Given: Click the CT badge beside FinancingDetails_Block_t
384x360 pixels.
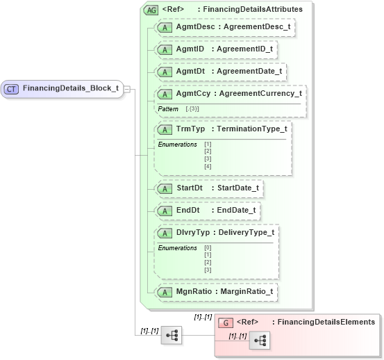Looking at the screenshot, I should click(x=12, y=88).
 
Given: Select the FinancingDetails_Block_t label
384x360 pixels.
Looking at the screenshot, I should click(x=69, y=88).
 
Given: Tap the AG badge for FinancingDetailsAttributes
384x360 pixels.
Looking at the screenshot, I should click(x=150, y=10).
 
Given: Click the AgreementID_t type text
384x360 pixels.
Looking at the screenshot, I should click(x=244, y=50).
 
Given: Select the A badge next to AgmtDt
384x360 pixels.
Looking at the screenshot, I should click(x=165, y=72).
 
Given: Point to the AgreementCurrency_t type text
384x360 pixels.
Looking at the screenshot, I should click(x=260, y=93).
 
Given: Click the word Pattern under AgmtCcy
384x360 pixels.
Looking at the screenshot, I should click(x=168, y=109).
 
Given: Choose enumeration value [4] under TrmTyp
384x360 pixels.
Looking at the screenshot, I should click(x=208, y=166).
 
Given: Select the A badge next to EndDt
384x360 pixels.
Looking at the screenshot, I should click(x=165, y=210).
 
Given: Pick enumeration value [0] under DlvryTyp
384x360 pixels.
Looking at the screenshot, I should click(x=208, y=247).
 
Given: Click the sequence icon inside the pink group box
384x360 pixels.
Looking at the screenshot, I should click(x=260, y=340).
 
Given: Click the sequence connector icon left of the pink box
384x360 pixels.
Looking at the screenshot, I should click(x=171, y=335).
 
